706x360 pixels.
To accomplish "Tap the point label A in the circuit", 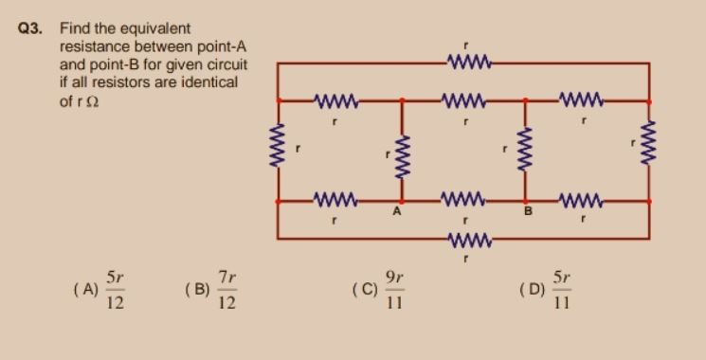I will tap(398, 212).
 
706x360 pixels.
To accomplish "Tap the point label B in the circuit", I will tap(529, 212).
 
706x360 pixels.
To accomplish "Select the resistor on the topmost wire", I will tap(466, 63).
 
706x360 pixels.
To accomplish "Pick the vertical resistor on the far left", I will tap(279, 150).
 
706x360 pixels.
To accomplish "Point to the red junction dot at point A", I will tap(402, 202).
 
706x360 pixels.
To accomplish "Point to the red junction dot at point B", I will tap(525, 202).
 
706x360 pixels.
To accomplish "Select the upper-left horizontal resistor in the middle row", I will tap(334, 99).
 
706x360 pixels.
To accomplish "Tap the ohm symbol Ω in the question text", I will tap(93, 99).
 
